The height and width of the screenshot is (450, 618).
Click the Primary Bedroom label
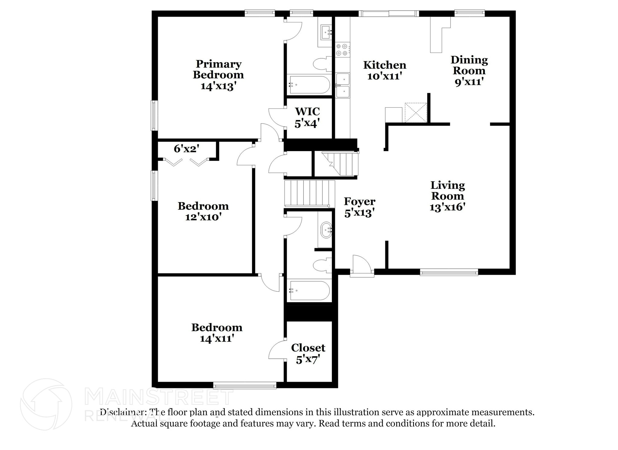218,70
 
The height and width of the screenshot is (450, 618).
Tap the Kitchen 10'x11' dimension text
384,76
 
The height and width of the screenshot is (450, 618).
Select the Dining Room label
469,65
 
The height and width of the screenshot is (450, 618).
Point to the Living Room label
448,190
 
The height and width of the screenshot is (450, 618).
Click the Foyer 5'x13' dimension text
359,213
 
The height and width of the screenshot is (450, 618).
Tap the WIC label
307,111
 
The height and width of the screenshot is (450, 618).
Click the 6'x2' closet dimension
186,148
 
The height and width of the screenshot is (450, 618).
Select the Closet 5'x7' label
308,348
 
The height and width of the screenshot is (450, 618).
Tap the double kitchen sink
343,86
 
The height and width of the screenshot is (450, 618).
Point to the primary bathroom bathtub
309,85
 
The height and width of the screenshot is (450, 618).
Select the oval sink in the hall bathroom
326,230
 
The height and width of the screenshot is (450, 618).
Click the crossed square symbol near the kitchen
416,112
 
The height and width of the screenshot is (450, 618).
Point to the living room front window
449,272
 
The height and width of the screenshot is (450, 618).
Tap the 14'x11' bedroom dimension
217,338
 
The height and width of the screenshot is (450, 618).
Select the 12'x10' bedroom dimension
203,217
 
